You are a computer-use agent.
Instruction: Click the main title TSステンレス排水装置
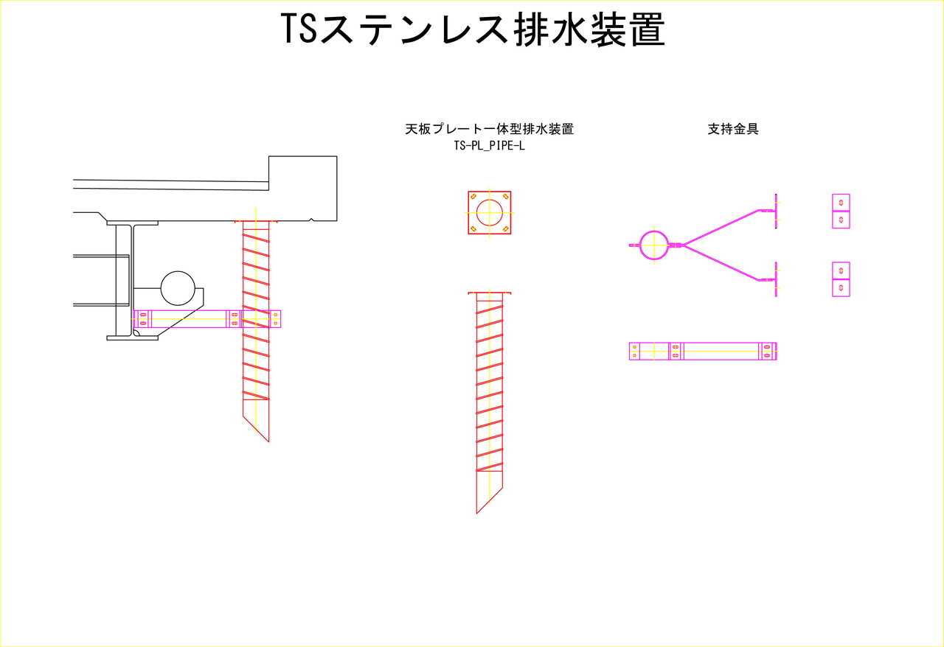pyautogui.click(x=473, y=29)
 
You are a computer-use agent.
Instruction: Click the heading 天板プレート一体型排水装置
pyautogui.click(x=489, y=129)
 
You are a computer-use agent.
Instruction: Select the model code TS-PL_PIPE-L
pyautogui.click(x=489, y=146)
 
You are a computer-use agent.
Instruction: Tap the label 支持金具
pyautogui.click(x=733, y=129)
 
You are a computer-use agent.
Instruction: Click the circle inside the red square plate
pyautogui.click(x=489, y=200)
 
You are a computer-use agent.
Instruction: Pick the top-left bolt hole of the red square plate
pyautogui.click(x=473, y=196)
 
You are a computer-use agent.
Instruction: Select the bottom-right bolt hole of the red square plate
pyautogui.click(x=506, y=229)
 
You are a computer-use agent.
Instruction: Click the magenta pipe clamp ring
pyautogui.click(x=654, y=231)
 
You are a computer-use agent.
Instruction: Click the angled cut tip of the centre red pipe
pyautogui.click(x=476, y=514)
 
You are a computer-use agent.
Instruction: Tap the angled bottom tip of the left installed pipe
pyautogui.click(x=269, y=442)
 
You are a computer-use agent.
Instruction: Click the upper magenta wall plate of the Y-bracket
pyautogui.click(x=776, y=211)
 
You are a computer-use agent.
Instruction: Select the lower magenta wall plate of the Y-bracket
pyautogui.click(x=776, y=279)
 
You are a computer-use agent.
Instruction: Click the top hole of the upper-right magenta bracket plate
pyautogui.click(x=841, y=202)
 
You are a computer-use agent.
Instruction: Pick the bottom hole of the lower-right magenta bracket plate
pyautogui.click(x=841, y=288)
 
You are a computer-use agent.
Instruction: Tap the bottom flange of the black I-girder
pyautogui.click(x=132, y=338)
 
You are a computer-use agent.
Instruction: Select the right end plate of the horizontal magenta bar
pyautogui.click(x=768, y=352)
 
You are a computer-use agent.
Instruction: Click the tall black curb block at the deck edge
pyautogui.click(x=302, y=189)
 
